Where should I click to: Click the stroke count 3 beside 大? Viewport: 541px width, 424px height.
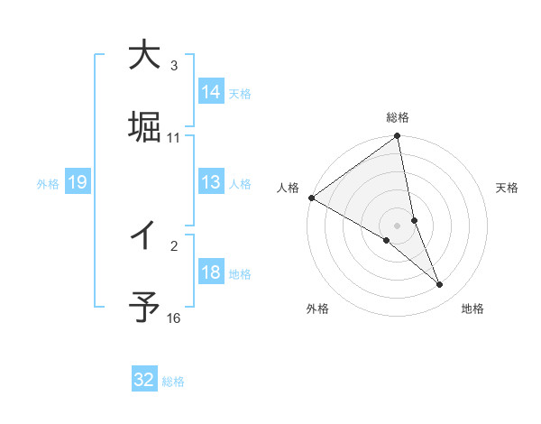tap(174, 66)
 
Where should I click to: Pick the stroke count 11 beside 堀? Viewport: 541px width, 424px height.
tap(174, 137)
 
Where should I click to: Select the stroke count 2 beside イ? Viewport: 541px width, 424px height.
tap(174, 245)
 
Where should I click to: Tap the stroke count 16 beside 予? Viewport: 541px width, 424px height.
tap(174, 318)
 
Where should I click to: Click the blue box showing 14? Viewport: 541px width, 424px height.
tap(211, 92)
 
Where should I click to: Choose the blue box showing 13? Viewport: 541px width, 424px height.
tap(211, 182)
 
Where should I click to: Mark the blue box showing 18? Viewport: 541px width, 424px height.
tap(211, 272)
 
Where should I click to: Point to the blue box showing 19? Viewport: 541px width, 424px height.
tap(78, 182)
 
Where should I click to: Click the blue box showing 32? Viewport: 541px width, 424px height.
tap(144, 380)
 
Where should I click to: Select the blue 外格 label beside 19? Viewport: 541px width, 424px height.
tap(48, 183)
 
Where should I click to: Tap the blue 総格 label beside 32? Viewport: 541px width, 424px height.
tap(173, 382)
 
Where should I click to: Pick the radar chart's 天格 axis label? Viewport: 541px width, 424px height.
tap(508, 188)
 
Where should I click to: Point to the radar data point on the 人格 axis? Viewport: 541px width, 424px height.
tap(311, 198)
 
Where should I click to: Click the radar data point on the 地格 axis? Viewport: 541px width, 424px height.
tap(439, 284)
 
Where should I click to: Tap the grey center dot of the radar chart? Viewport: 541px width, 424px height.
tap(398, 225)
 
